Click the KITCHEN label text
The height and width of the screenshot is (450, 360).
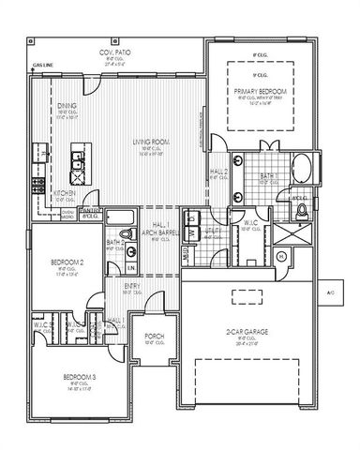point(63,192)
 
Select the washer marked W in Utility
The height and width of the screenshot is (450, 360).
point(190,232)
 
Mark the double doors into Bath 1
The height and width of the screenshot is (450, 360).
point(256,148)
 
